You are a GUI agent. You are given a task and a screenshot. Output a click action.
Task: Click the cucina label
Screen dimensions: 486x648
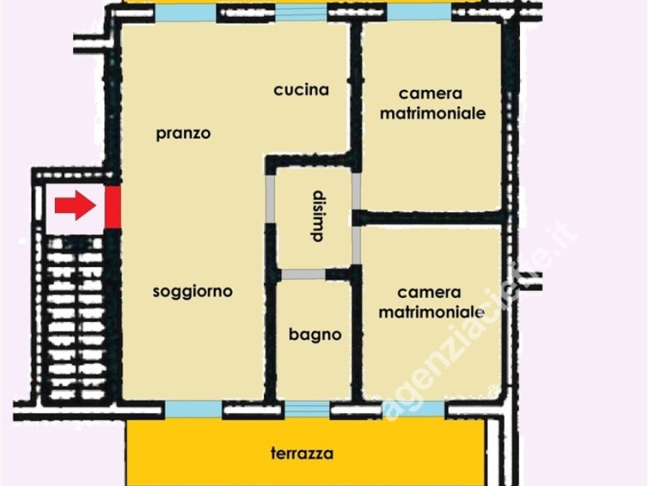pos(301,90)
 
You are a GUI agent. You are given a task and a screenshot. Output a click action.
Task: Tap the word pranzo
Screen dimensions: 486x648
pos(183,134)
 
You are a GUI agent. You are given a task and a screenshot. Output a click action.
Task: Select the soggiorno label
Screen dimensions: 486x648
pos(193,292)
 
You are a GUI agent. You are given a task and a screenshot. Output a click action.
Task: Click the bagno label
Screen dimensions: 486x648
pos(315,335)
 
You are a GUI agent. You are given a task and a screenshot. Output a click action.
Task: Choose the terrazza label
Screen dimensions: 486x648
pos(301,454)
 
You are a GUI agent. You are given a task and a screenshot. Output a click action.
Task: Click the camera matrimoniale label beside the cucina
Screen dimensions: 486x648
pos(433,104)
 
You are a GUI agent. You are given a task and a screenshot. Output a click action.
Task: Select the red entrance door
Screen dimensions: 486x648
pos(113,207)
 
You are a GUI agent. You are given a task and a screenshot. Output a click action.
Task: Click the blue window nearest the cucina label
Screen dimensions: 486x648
pos(301,12)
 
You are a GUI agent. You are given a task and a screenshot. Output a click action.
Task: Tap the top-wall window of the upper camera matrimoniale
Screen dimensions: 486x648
pos(418,12)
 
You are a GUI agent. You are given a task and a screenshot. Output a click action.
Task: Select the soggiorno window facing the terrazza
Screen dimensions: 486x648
pos(193,410)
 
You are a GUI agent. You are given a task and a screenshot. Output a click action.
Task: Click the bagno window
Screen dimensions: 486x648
pos(307,410)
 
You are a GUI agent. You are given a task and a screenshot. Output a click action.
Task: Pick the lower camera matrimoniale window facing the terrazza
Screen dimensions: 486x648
pos(414,410)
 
